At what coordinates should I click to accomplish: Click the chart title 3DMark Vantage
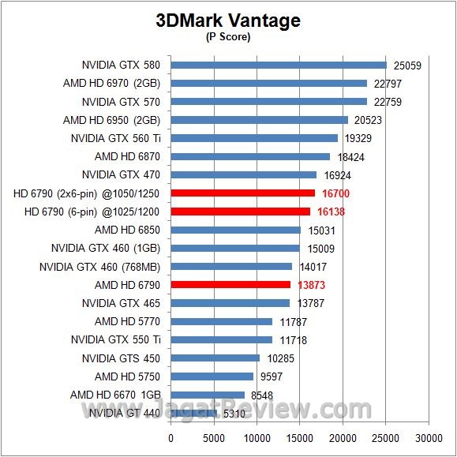click(x=228, y=20)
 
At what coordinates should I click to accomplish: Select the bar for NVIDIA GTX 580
click(x=279, y=65)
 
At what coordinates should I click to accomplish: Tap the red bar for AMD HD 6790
click(x=230, y=284)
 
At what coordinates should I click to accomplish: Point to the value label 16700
click(x=335, y=193)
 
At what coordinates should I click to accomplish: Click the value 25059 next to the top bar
click(x=406, y=66)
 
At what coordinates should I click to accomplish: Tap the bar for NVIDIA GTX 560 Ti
click(x=254, y=138)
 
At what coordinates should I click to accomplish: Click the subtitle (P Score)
click(x=228, y=36)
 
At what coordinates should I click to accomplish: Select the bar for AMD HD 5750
click(x=212, y=376)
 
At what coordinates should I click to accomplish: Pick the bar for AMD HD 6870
click(x=250, y=156)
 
